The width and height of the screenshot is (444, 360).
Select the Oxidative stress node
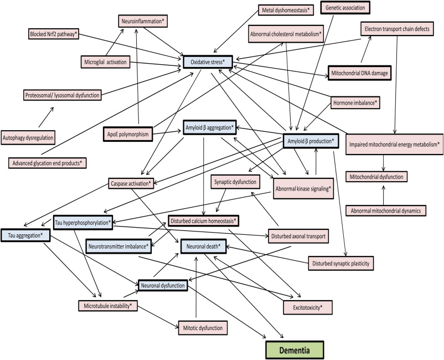pyautogui.click(x=208, y=61)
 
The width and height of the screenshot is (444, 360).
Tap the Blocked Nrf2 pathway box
pyautogui.click(x=54, y=34)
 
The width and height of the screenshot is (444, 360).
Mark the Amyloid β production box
pyautogui.click(x=310, y=140)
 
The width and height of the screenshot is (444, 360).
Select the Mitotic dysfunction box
pyautogui.click(x=202, y=328)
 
